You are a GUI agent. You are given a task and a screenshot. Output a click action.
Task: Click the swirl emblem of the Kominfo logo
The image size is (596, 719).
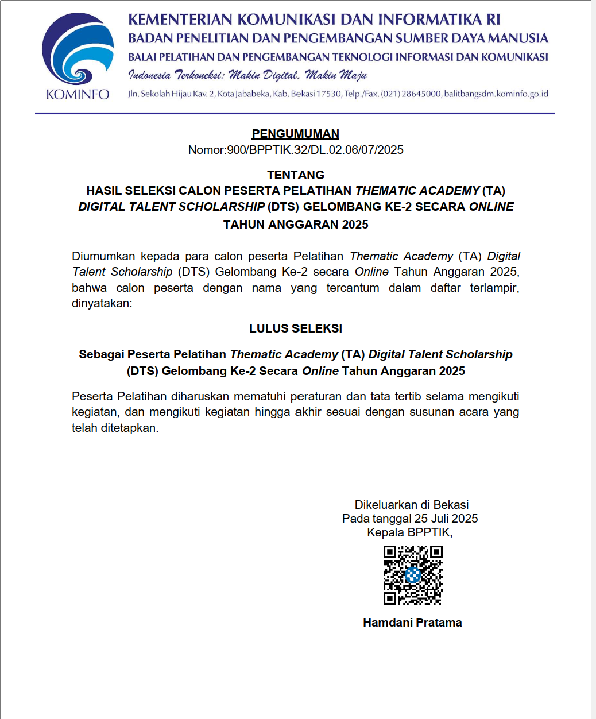(x=78, y=50)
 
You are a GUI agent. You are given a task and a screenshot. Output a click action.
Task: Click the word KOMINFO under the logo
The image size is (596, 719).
(x=78, y=94)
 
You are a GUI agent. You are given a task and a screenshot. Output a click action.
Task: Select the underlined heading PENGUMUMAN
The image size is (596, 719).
(x=296, y=134)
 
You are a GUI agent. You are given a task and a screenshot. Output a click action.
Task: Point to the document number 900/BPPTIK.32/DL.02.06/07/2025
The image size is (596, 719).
(x=315, y=150)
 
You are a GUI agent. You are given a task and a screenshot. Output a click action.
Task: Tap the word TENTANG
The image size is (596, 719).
(x=296, y=175)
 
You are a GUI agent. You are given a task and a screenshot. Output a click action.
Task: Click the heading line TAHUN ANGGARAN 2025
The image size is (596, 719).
(x=296, y=225)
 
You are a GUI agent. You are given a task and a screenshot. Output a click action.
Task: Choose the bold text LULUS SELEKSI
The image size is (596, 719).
(x=296, y=328)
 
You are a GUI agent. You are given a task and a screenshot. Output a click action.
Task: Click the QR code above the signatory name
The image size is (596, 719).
(x=413, y=575)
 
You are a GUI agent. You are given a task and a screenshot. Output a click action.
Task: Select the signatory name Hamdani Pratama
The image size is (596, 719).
(x=412, y=623)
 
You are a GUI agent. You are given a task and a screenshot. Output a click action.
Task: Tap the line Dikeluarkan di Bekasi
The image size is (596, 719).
(x=412, y=505)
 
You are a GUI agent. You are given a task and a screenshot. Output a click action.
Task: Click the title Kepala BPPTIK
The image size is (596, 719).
(x=409, y=532)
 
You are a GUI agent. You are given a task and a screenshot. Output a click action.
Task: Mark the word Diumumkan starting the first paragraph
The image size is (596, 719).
(x=103, y=256)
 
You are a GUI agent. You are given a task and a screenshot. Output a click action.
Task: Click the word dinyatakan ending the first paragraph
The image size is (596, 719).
(x=101, y=303)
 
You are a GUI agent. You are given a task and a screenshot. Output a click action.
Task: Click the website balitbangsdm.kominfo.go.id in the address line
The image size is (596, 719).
(x=496, y=94)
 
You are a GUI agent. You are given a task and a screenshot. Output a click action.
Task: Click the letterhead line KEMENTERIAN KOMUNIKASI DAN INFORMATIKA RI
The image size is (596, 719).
(x=314, y=20)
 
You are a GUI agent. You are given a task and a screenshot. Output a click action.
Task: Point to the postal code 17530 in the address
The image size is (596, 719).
(x=329, y=94)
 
